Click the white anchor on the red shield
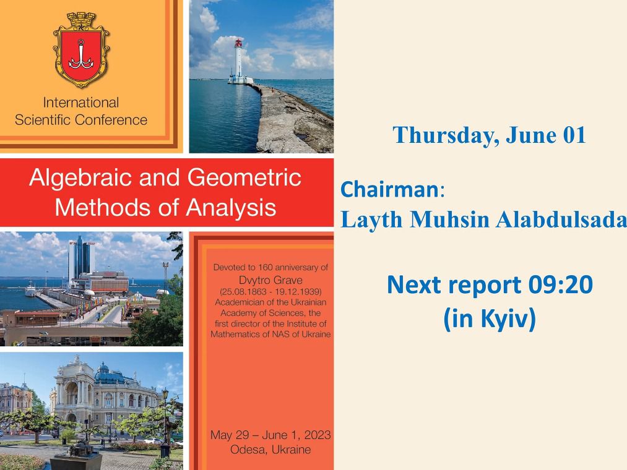coord(81,55)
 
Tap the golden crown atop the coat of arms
coord(81,20)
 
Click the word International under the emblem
coord(81,102)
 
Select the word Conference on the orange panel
coord(111,119)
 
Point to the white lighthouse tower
coord(239,61)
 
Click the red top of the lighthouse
coord(239,43)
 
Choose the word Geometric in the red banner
coord(244,177)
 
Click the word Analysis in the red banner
coord(231,208)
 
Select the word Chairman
coord(390,189)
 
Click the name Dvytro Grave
coord(270,280)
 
